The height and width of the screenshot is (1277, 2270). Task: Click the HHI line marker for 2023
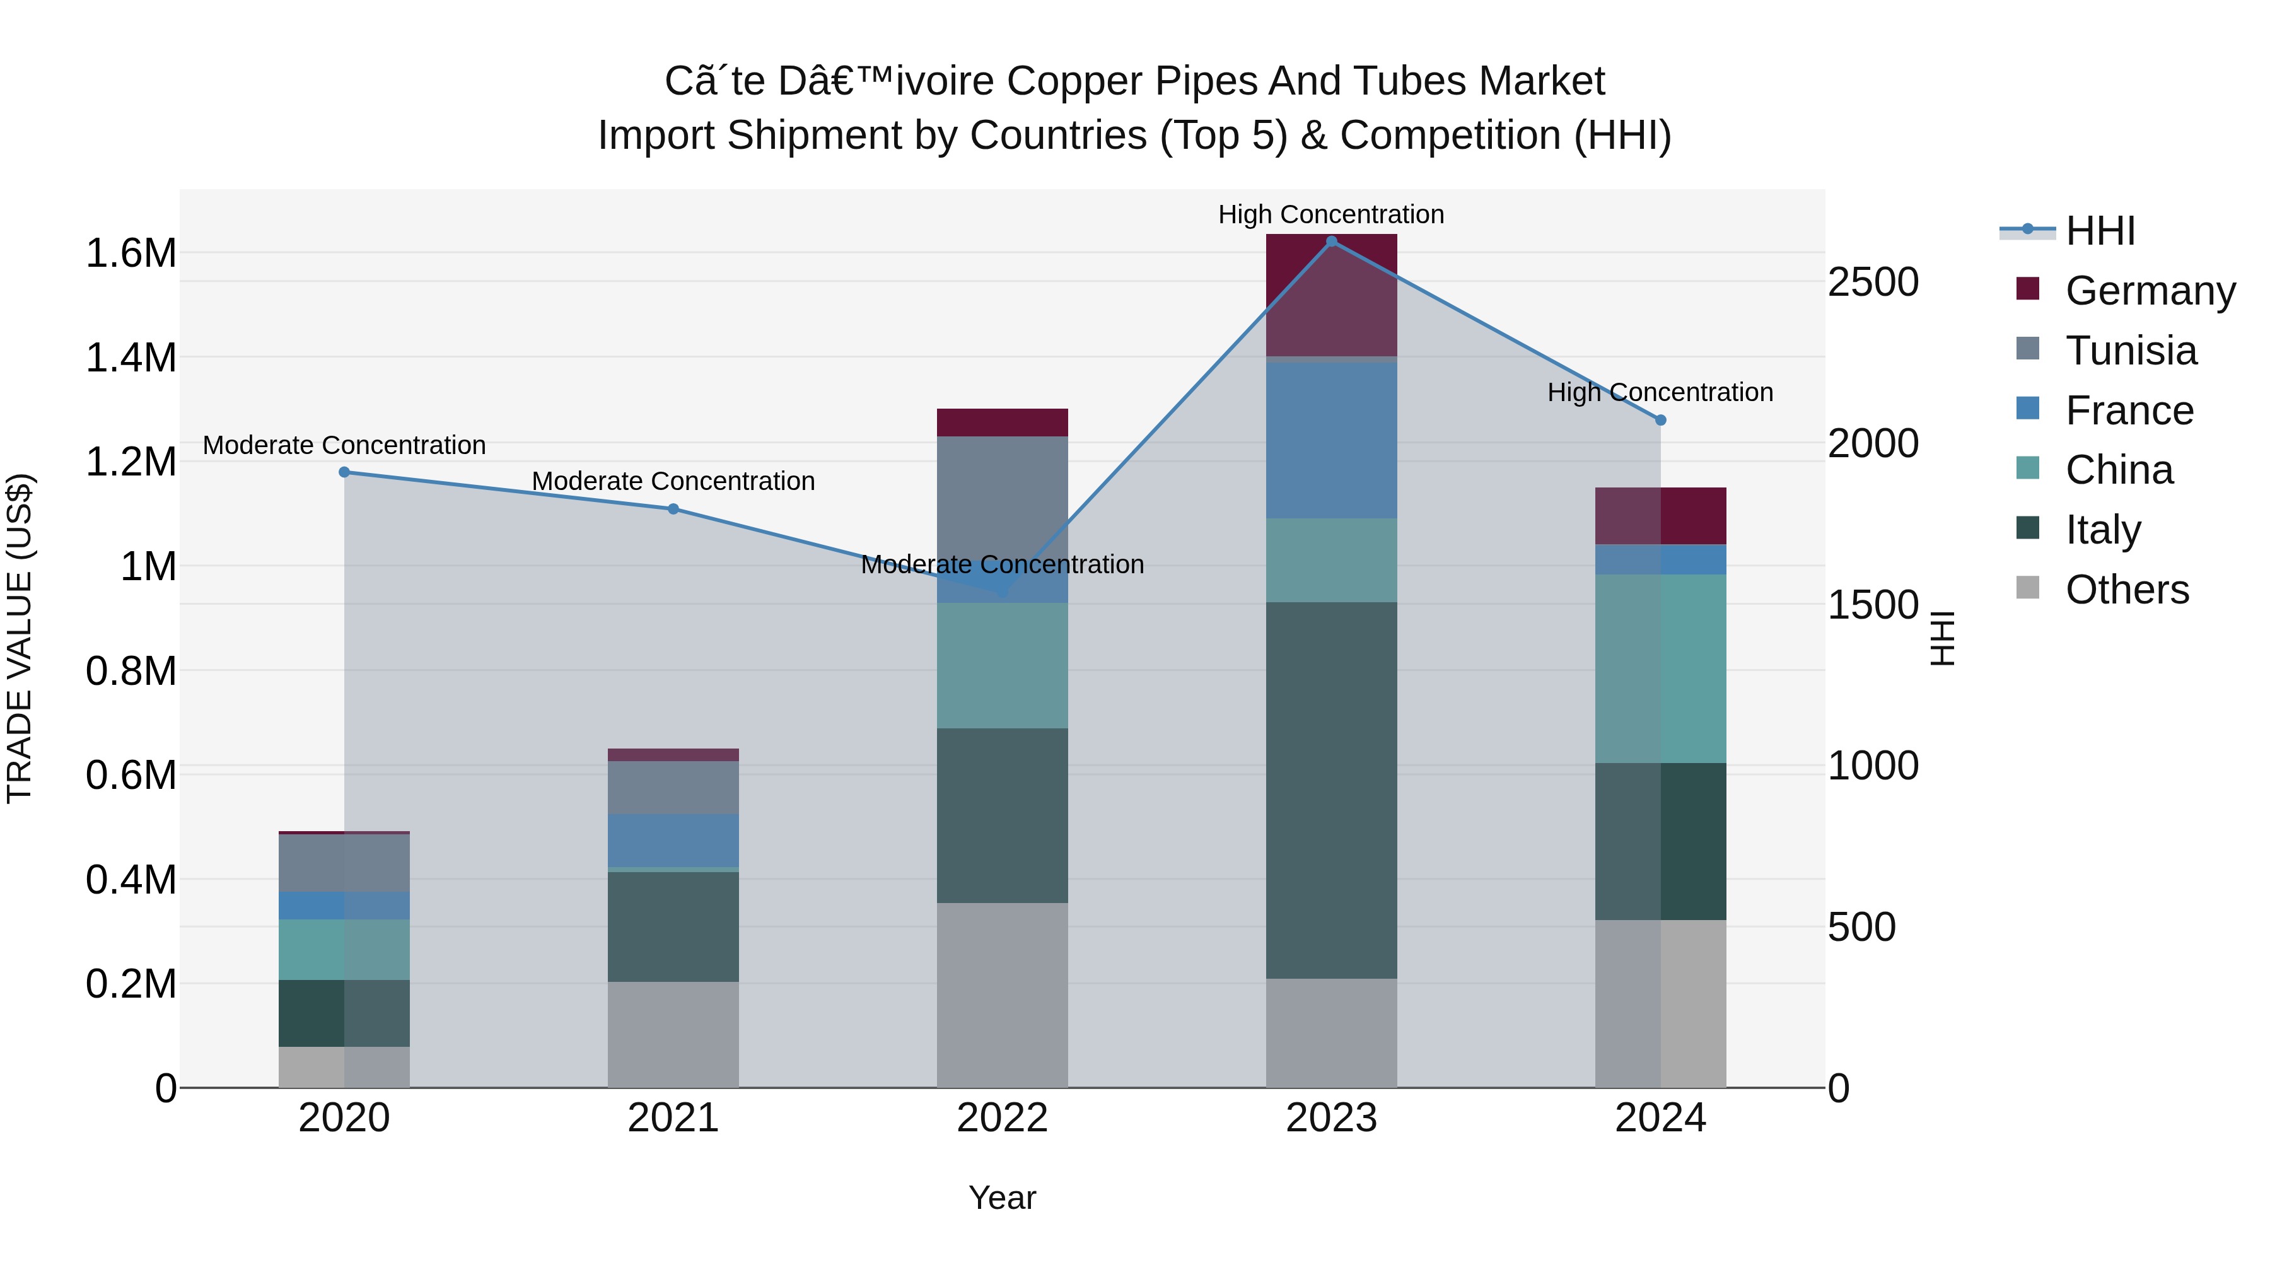[x=1330, y=242]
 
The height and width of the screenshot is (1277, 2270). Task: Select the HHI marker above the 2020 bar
[x=344, y=472]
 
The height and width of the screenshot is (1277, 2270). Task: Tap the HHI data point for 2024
[x=1660, y=421]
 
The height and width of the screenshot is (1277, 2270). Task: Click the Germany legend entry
[x=2150, y=291]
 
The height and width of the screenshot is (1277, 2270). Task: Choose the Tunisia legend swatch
[x=2028, y=349]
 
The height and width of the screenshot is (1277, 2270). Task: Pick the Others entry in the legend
[x=2126, y=590]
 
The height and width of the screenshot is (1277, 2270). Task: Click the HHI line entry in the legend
[x=2099, y=231]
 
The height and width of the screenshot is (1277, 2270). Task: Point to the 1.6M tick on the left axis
[x=131, y=254]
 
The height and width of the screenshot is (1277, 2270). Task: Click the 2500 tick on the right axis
[x=1873, y=283]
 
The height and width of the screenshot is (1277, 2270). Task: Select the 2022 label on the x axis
[x=1002, y=1118]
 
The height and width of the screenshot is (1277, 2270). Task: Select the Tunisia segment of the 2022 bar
[x=1002, y=519]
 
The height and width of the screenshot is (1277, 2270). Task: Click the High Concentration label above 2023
[x=1330, y=215]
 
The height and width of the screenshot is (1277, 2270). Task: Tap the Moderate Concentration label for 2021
[x=673, y=481]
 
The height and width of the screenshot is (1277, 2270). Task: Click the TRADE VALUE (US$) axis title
[x=20, y=638]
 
